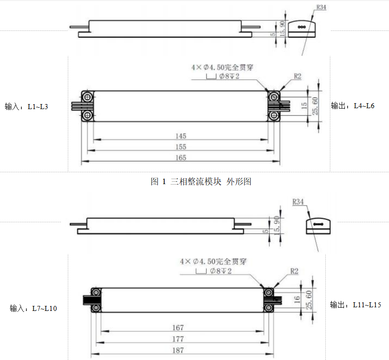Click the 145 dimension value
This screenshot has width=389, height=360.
click(x=181, y=136)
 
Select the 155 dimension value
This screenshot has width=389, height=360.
click(x=181, y=147)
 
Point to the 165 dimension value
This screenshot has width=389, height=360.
click(x=181, y=158)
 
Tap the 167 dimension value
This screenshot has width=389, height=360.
click(x=178, y=328)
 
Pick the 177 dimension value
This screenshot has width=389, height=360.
click(x=178, y=339)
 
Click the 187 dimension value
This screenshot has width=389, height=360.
click(x=178, y=350)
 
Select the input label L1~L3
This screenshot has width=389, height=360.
click(x=26, y=107)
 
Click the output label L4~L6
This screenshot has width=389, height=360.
click(x=353, y=106)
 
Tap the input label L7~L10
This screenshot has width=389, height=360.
click(x=33, y=309)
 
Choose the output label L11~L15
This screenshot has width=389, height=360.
click(x=355, y=305)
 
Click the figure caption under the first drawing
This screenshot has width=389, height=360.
click(x=201, y=182)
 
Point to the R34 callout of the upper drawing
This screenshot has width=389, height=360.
click(x=322, y=8)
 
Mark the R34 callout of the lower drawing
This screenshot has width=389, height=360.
click(x=298, y=201)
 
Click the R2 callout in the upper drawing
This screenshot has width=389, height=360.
click(x=297, y=77)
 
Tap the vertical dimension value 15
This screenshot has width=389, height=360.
click(x=304, y=105)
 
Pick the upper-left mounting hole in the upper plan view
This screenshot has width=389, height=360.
click(x=87, y=96)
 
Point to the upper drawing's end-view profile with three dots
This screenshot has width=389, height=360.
click(x=302, y=27)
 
